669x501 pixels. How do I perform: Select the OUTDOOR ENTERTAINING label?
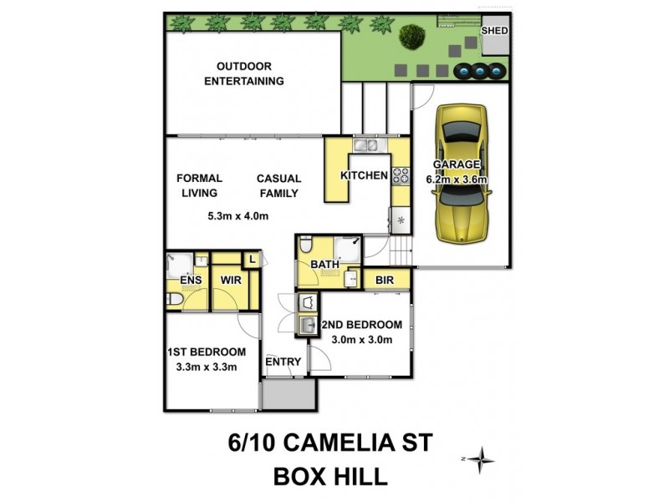click(250, 73)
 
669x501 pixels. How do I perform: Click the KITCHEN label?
click(364, 175)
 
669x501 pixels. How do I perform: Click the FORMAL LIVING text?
click(198, 185)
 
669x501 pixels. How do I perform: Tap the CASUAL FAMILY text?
click(278, 185)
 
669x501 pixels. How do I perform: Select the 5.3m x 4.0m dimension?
click(237, 216)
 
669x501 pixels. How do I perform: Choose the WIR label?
click(231, 281)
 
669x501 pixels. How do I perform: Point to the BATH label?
click(324, 265)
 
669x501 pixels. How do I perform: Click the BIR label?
click(385, 280)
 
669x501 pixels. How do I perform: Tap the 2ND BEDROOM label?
click(367, 325)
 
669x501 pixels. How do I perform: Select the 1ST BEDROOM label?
click(206, 352)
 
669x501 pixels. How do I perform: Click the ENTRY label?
click(283, 362)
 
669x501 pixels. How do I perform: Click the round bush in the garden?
click(411, 36)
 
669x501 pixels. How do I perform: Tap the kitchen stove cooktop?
click(401, 175)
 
